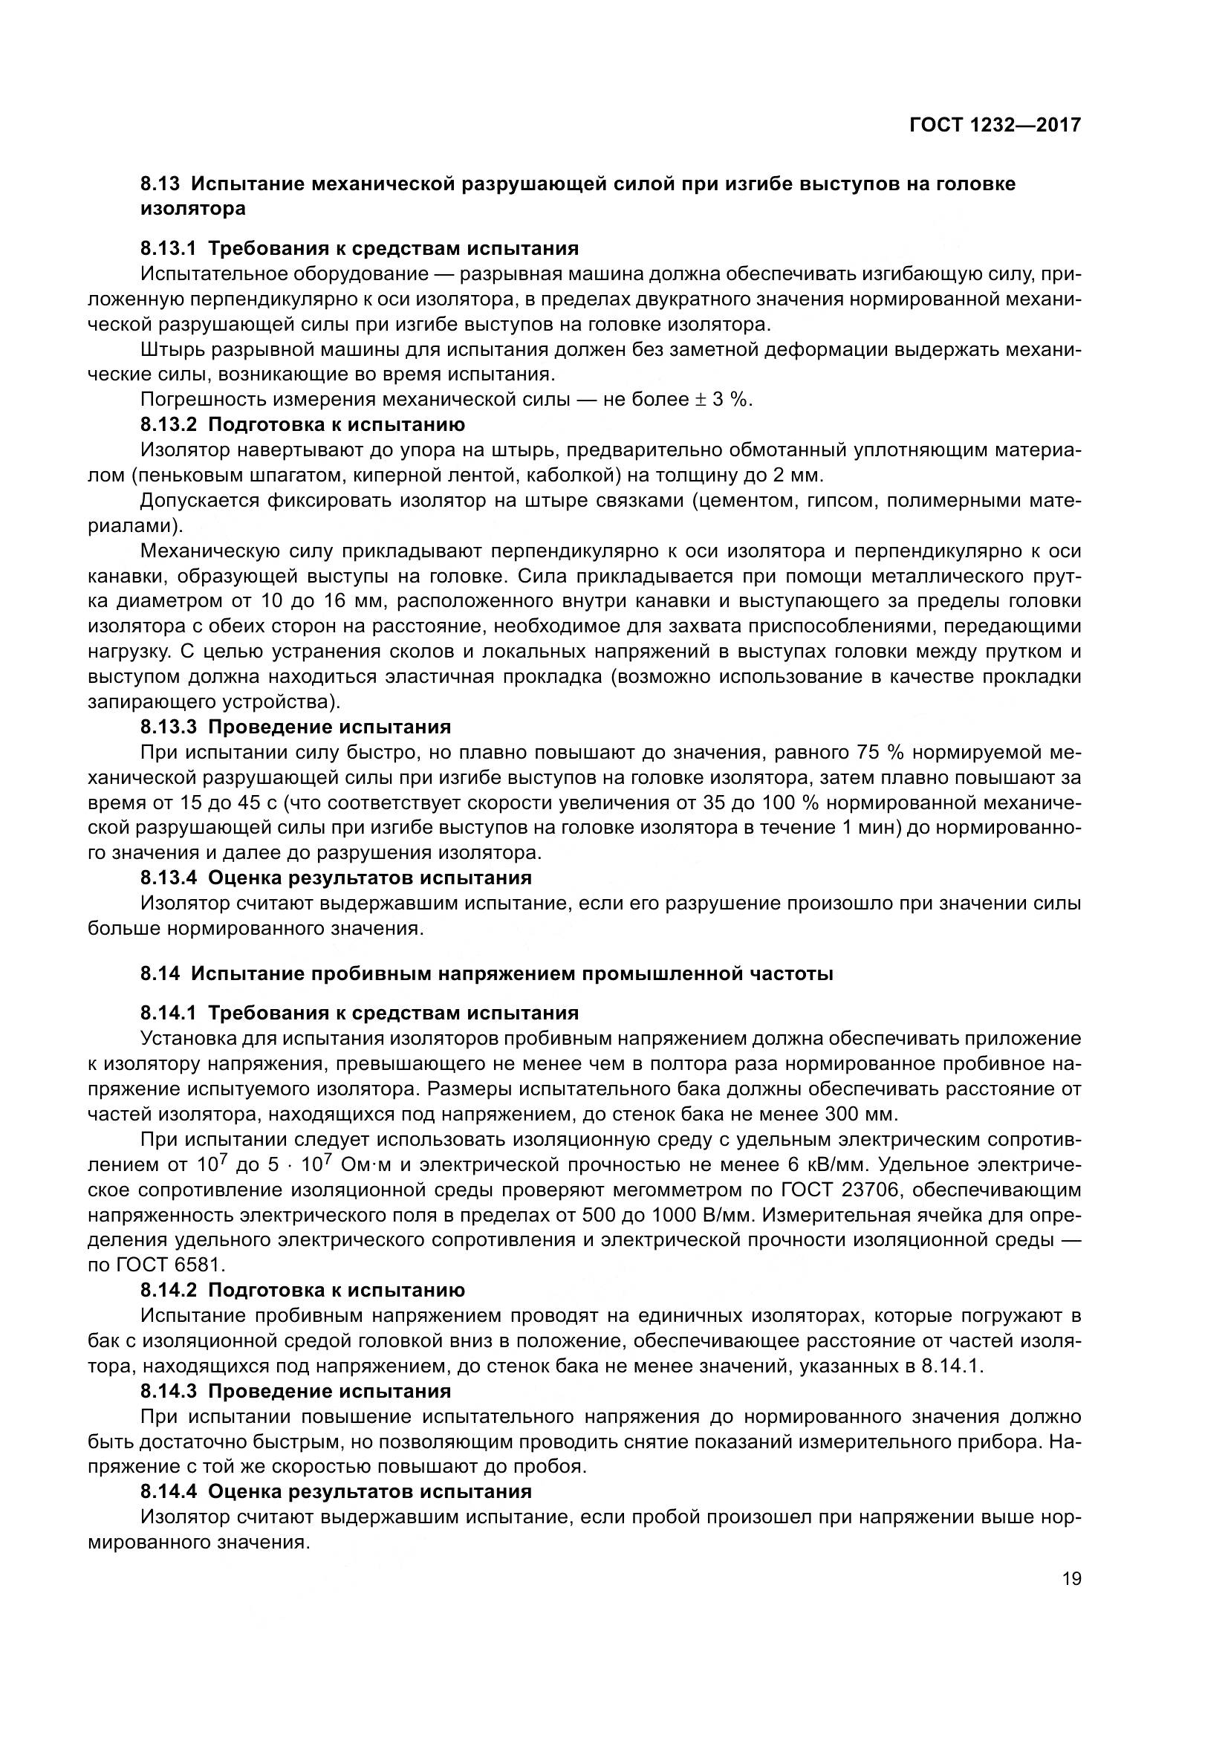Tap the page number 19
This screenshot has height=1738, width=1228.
point(1071,1579)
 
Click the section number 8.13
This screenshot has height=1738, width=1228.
point(160,184)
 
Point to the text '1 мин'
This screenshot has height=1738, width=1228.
point(867,827)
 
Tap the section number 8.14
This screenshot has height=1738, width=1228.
point(160,973)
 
